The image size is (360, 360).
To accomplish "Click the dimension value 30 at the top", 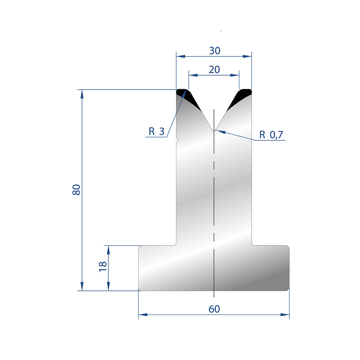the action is point(215,51).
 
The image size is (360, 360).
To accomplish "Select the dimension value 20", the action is point(214,70).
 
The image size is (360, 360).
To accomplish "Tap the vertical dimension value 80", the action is point(76,189).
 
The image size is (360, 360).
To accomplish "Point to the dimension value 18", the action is point(103,266).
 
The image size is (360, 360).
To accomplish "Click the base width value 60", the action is point(214,309).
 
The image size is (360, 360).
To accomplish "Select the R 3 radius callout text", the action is point(157,131).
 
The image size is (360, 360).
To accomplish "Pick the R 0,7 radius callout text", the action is point(271,135).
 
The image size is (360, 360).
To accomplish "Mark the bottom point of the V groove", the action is point(214,130).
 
